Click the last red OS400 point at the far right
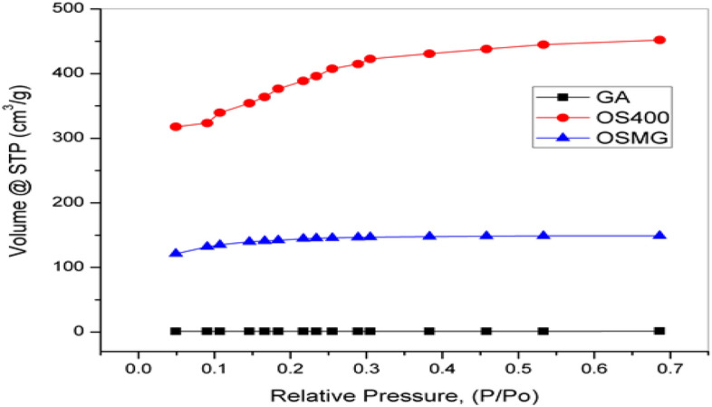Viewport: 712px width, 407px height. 659,40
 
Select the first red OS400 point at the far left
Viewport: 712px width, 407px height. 176,127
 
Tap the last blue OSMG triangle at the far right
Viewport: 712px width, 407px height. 659,235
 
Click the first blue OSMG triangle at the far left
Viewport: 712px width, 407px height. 176,253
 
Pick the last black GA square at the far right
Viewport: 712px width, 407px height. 659,331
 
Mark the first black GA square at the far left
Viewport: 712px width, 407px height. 176,331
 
